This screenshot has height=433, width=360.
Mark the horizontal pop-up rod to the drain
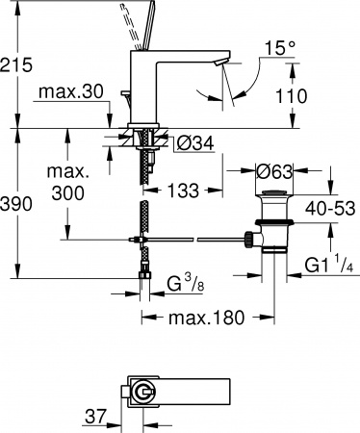pyautogui.click(x=202, y=237)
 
